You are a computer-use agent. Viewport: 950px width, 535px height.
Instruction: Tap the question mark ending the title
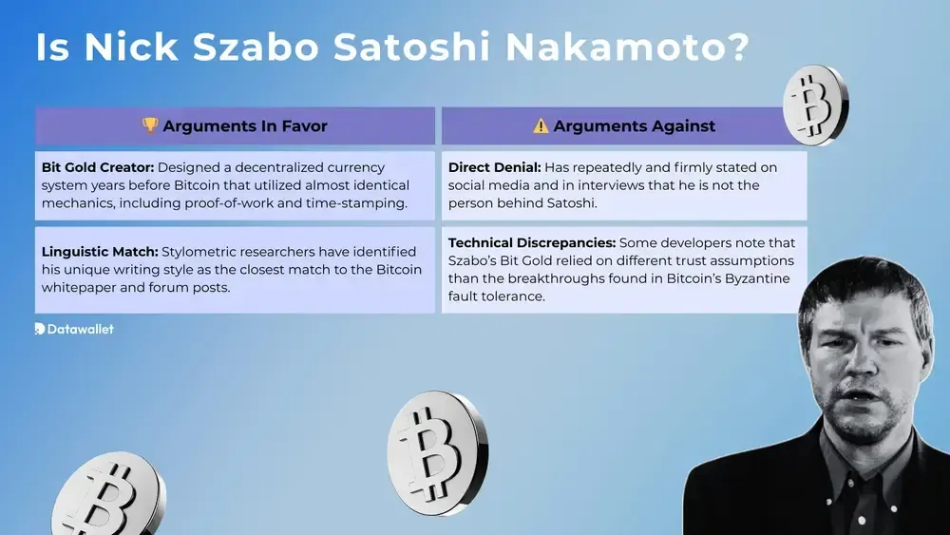click(731, 48)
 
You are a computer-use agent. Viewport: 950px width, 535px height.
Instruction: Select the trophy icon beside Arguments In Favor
click(149, 125)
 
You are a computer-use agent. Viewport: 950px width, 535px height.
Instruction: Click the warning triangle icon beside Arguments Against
click(541, 125)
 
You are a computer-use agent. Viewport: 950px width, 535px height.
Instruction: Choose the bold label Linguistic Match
click(99, 252)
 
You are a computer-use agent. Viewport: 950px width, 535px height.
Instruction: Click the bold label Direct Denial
click(494, 167)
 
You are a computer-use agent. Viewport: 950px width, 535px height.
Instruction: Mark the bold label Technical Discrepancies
click(531, 242)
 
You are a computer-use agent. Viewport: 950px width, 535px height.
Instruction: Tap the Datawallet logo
click(74, 329)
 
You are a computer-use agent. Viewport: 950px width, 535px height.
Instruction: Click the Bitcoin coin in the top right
click(815, 103)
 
